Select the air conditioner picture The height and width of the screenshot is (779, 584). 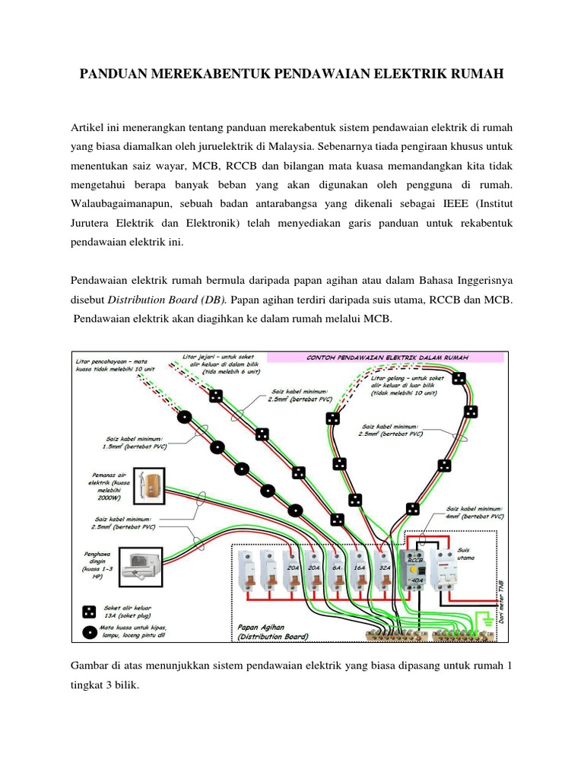tap(144, 564)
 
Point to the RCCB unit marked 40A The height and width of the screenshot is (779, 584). tap(416, 578)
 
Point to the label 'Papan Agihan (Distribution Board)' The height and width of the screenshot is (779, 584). tap(269, 631)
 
